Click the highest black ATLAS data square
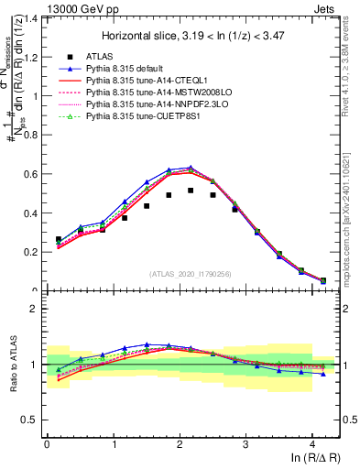pyautogui.click(x=191, y=191)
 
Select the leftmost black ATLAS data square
pyautogui.click(x=59, y=239)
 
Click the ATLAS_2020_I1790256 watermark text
pyautogui.click(x=191, y=274)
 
